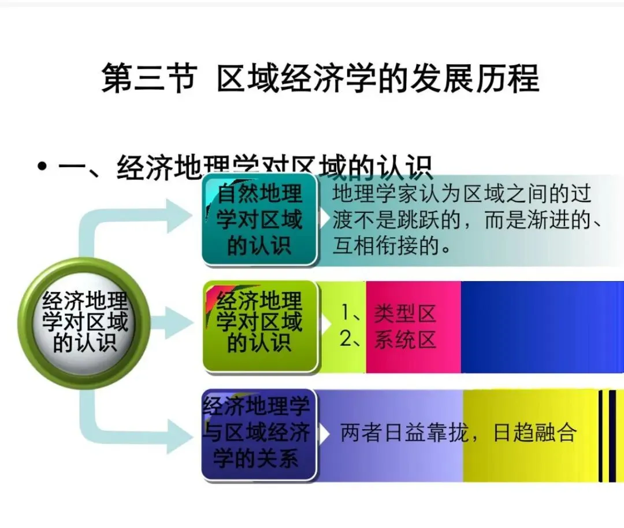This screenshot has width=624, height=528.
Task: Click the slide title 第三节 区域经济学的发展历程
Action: (x=320, y=78)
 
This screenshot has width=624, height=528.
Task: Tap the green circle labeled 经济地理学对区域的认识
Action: (x=84, y=323)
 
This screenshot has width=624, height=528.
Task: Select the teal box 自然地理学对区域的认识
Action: (x=259, y=220)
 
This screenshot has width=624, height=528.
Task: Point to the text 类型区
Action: (x=404, y=313)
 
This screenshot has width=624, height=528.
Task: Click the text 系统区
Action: (x=404, y=339)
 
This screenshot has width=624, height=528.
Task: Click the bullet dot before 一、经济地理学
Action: (x=42, y=167)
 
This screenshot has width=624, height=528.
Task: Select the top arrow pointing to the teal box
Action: (x=173, y=215)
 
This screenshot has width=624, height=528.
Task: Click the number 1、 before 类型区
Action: (x=351, y=313)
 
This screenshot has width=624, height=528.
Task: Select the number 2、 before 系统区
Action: (x=351, y=339)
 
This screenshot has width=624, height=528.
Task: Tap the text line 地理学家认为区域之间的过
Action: (x=462, y=194)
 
